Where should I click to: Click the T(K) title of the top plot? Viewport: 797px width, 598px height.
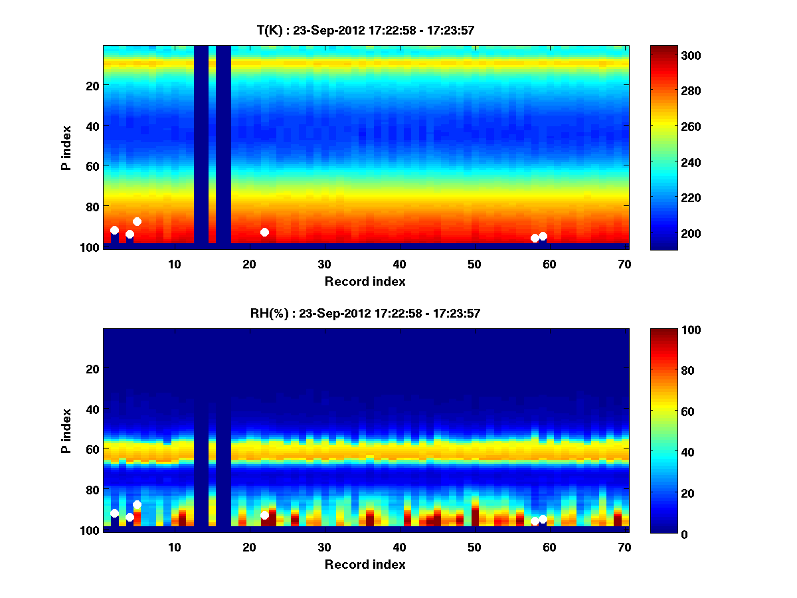(x=365, y=30)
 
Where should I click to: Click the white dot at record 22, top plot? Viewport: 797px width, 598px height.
(x=264, y=232)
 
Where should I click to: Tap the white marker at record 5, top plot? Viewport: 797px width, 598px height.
(x=137, y=221)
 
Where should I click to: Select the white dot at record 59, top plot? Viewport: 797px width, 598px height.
(x=543, y=236)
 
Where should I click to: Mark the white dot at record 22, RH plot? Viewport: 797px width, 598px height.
(x=264, y=515)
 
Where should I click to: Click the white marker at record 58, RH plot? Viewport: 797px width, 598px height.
(x=535, y=521)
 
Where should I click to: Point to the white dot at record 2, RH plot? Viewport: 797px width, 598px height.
(x=114, y=513)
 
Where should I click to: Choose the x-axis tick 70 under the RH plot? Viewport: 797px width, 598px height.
(x=624, y=547)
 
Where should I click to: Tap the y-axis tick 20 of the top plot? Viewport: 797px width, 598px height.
(x=92, y=86)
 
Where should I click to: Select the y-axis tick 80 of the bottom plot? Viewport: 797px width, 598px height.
(x=92, y=490)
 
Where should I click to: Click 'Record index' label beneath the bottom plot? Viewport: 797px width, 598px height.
(x=365, y=564)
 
